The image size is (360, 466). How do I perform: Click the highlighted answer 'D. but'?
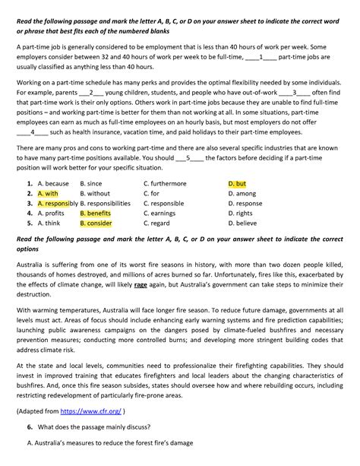pos(237,184)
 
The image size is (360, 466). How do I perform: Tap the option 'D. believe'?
pos(243,224)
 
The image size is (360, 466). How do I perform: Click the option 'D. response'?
pos(245,204)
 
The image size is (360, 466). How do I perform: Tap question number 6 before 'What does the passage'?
pos(28,427)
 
